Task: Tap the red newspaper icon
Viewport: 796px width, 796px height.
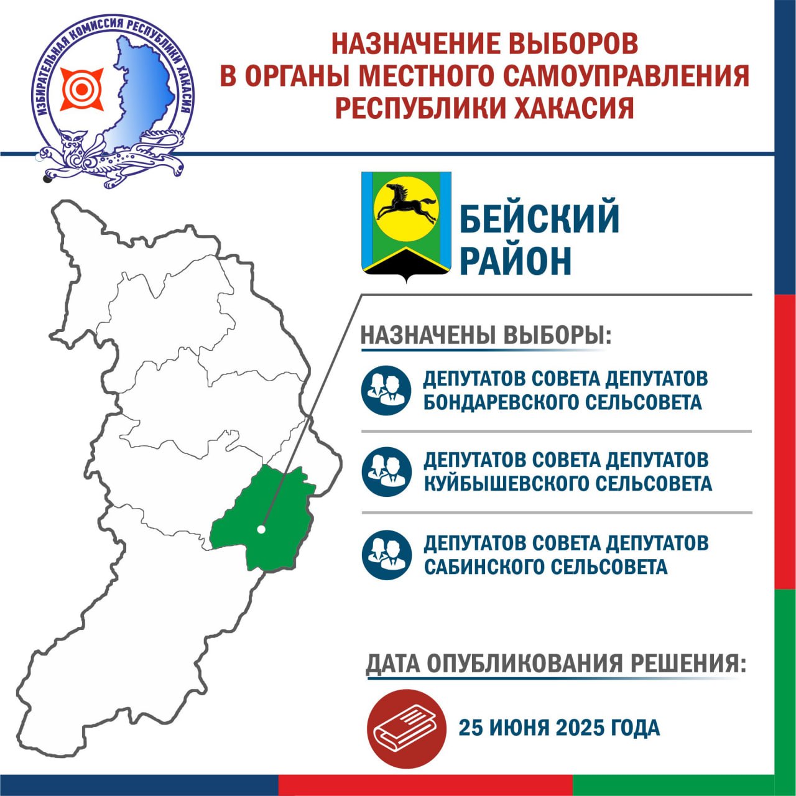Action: click(407, 728)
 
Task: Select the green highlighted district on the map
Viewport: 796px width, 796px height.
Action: click(264, 517)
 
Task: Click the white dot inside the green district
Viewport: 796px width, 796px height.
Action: click(261, 529)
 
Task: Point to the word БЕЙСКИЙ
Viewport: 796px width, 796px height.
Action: click(540, 218)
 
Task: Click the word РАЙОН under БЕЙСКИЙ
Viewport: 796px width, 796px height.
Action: click(515, 261)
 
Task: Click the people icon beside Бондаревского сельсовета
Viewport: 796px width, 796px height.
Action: click(386, 391)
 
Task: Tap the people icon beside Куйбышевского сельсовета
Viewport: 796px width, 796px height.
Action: click(387, 472)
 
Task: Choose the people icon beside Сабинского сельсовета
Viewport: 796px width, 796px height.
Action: click(387, 555)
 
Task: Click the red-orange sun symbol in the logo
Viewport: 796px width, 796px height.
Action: click(82, 89)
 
